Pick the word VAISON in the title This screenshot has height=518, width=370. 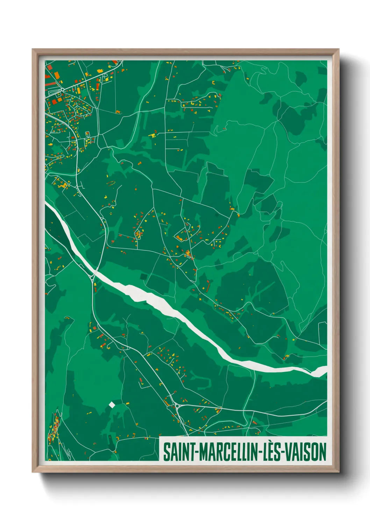coord(305,452)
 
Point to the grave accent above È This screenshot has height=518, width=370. coord(270,443)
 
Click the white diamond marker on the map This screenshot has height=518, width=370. coord(112,405)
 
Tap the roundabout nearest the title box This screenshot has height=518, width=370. coord(177,406)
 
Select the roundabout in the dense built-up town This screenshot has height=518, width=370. coord(62,90)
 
